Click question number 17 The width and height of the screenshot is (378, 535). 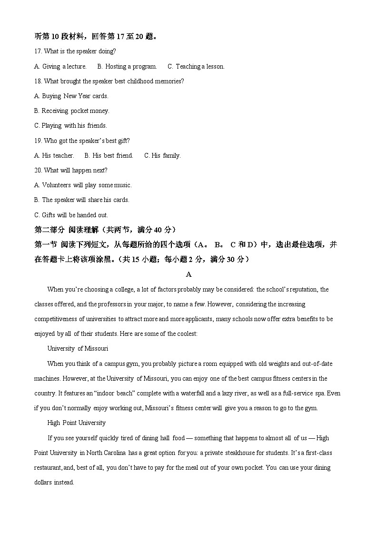(38, 51)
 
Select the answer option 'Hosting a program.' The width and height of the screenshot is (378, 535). (127, 66)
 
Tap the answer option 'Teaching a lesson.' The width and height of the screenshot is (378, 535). (196, 66)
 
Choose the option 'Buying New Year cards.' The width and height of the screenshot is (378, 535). (71, 96)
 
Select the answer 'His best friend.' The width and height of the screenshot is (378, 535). (109, 155)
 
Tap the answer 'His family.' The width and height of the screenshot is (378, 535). (162, 155)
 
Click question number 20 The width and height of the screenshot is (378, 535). (38, 170)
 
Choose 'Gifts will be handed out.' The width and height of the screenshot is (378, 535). (71, 215)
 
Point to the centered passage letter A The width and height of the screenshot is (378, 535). (189, 274)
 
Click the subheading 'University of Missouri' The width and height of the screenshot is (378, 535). (78, 349)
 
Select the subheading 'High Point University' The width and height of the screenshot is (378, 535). (77, 423)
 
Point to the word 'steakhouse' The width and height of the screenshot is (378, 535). (226, 453)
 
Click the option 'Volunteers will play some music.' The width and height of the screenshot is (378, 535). (83, 185)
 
